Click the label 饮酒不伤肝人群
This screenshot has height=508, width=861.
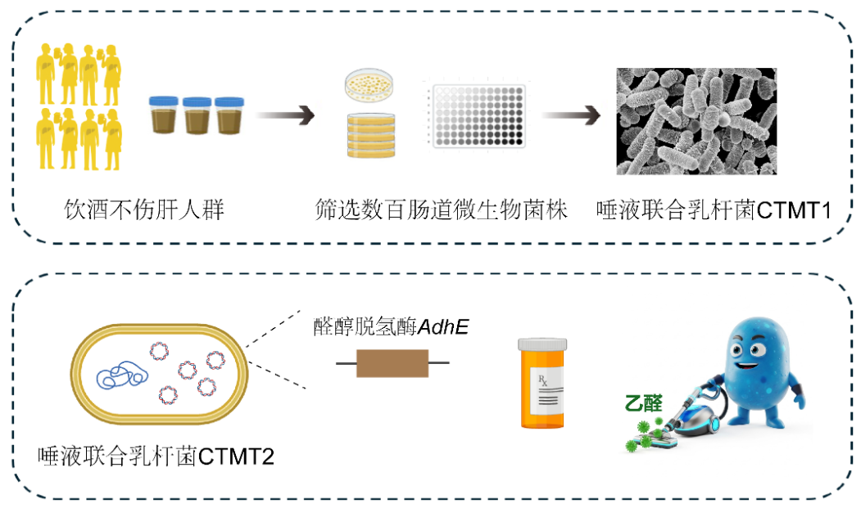(144, 209)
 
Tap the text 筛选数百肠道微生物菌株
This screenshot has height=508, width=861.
(441, 209)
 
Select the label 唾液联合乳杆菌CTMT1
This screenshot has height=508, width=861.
(714, 209)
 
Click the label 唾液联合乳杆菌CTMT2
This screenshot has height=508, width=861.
(156, 456)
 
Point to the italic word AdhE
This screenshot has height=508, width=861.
(443, 327)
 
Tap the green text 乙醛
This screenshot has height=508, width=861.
(644, 403)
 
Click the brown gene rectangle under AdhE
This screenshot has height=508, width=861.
(392, 363)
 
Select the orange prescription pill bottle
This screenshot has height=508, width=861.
(542, 383)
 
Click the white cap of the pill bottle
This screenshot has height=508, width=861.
(542, 344)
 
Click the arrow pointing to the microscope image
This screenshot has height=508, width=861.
(571, 115)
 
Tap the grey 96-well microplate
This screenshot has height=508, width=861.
(478, 115)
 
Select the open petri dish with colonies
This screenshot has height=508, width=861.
(369, 84)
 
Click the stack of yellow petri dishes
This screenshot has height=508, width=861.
(371, 136)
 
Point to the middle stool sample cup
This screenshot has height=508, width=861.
(197, 116)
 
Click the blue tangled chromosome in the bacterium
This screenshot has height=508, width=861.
(122, 375)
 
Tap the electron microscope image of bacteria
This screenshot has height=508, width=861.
(696, 121)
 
